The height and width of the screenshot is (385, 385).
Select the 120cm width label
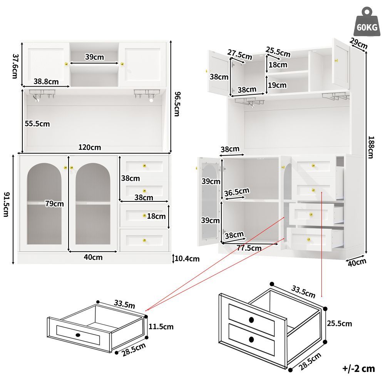(90, 147)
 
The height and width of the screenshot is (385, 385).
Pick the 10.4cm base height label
(187, 259)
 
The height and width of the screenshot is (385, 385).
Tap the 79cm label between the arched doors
(54, 204)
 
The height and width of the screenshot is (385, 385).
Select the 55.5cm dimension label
(37, 124)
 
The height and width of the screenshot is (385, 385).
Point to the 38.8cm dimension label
(46, 81)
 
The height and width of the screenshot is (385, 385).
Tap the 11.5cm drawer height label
(161, 326)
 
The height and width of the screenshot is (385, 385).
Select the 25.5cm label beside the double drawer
(339, 323)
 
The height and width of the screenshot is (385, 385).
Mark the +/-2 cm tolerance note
(358, 368)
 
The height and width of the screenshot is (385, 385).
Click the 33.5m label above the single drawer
(124, 304)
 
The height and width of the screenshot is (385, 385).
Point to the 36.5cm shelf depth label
(237, 192)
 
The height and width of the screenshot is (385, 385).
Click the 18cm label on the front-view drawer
(156, 216)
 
